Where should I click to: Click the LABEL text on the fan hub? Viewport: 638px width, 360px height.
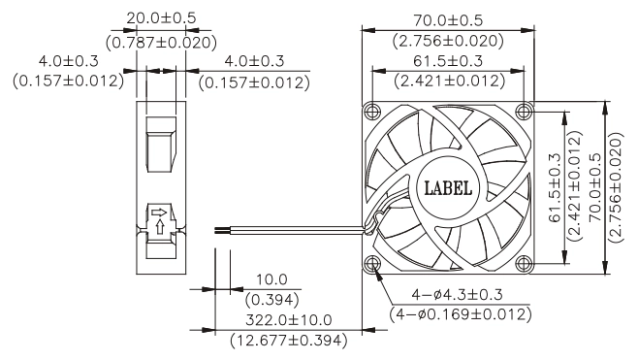[448, 188]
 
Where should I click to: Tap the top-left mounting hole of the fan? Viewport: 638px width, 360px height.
[372, 111]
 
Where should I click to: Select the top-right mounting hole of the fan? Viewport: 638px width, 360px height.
[524, 111]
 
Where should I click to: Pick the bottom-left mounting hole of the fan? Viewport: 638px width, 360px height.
[372, 264]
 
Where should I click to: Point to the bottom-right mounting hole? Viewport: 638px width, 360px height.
[524, 264]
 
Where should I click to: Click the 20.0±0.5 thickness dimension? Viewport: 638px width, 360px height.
[161, 17]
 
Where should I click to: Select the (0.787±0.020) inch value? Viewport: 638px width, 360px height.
[161, 43]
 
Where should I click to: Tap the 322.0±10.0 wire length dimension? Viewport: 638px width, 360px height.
[289, 319]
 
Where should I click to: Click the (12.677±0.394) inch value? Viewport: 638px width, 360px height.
[289, 340]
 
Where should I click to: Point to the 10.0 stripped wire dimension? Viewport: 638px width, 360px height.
[271, 279]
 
